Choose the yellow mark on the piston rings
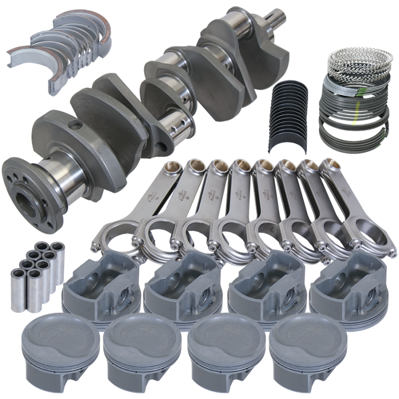[356, 120]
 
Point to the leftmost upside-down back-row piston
[100, 289]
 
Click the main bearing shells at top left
[55, 50]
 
